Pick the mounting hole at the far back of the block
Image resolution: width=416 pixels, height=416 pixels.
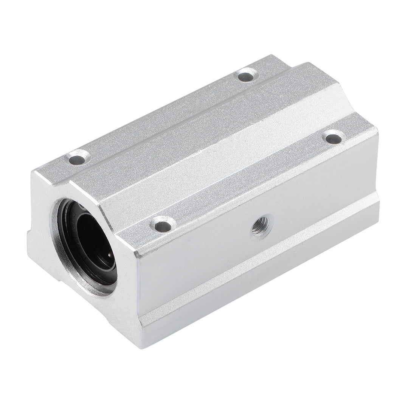pos(247,75)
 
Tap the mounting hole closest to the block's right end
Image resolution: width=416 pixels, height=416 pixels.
pos(333,137)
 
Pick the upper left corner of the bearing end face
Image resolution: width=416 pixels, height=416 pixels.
pos(34,172)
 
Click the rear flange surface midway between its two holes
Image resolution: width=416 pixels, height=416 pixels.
pos(163,117)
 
